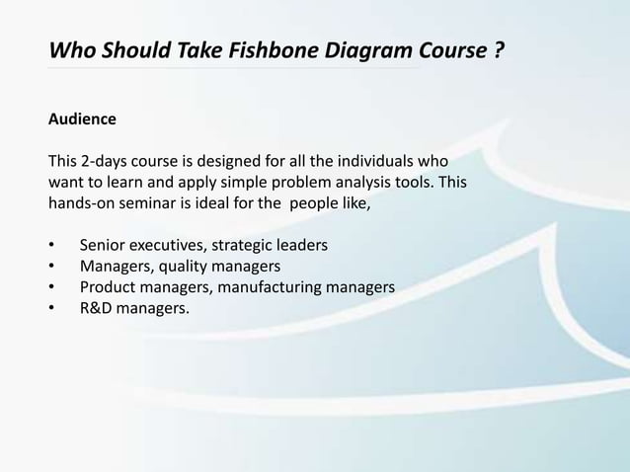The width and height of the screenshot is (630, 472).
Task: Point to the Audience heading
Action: click(82, 119)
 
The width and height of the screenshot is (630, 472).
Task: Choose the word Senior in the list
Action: click(104, 244)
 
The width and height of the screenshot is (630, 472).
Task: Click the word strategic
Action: click(246, 244)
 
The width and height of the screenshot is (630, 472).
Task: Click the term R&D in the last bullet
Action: click(97, 309)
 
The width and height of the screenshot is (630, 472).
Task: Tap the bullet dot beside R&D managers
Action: click(52, 310)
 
